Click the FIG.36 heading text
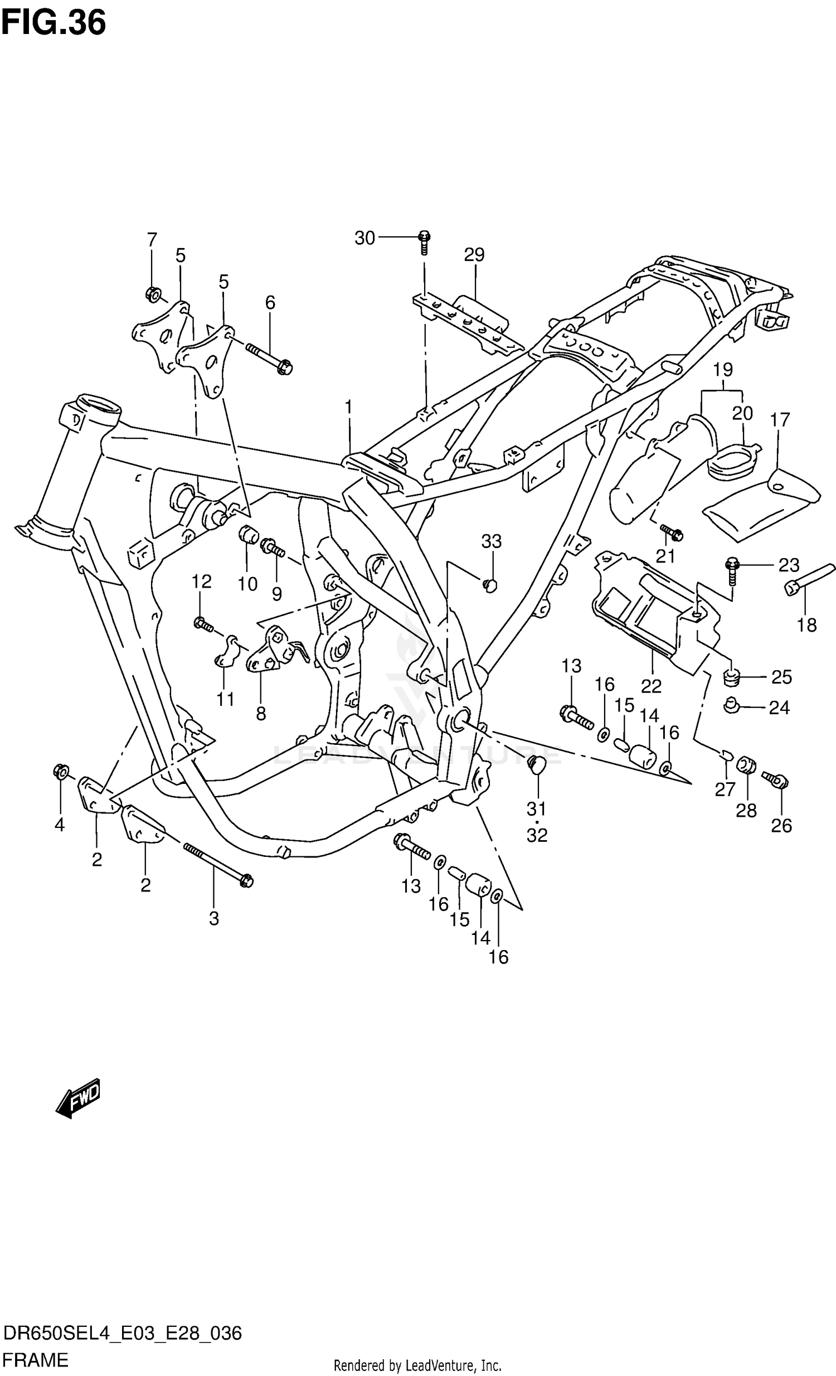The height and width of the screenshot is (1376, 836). click(x=53, y=23)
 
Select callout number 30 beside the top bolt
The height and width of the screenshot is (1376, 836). click(x=364, y=239)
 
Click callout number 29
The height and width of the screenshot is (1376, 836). click(x=474, y=255)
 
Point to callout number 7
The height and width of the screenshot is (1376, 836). click(x=152, y=240)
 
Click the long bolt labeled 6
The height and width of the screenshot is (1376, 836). click(x=269, y=357)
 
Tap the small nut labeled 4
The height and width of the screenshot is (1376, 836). click(x=60, y=772)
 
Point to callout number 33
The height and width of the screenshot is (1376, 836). click(x=491, y=541)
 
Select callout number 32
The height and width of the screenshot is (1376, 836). click(x=537, y=835)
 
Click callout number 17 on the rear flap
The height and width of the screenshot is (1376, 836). click(x=780, y=419)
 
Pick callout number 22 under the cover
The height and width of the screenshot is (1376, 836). click(x=651, y=686)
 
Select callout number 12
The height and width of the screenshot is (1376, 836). click(x=201, y=582)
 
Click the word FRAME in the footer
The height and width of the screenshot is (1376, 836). click(x=35, y=1359)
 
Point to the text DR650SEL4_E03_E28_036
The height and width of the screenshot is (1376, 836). click(x=121, y=1334)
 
